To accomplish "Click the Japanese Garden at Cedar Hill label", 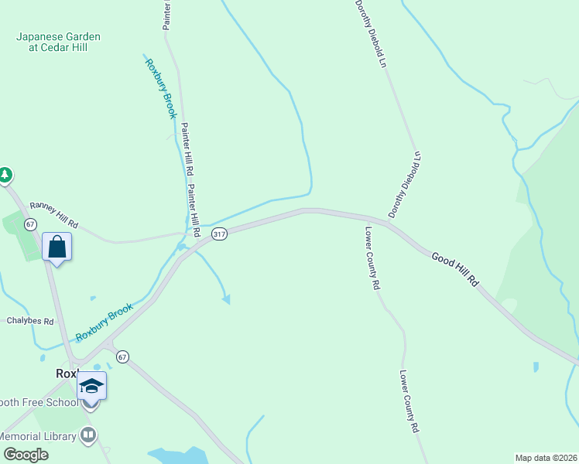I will pos(59,42).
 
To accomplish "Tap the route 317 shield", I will pos(220,235).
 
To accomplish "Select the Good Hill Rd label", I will pos(456,271).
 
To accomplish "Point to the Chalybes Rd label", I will pos(30,321).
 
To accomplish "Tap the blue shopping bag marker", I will pos(57,247).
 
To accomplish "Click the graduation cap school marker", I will pos(91,386).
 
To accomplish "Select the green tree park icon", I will pos(5,175).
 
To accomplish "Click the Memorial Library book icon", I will pos(89,436).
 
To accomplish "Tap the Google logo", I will pos(26,454).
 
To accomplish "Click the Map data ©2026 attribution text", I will pos(546,458).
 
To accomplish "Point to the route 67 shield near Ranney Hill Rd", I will pos(30,224).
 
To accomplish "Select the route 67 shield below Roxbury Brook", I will pos(122,357).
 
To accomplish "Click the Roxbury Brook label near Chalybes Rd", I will pos(104,322).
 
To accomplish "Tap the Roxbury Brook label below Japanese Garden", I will pos(161,88).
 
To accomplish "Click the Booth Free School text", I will pos(39,402).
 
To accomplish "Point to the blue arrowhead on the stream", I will pos(226,299).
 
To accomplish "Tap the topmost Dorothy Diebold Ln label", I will pos(371,32).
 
